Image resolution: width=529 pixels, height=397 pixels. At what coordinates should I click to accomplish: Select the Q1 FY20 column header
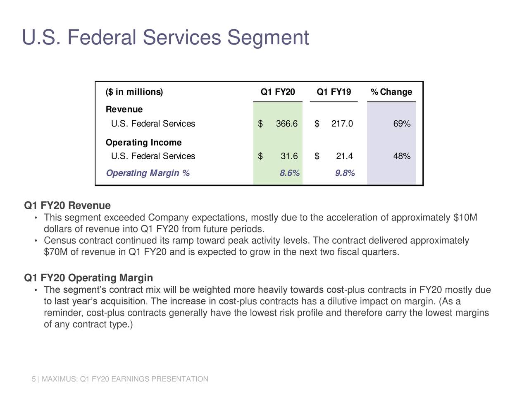278,92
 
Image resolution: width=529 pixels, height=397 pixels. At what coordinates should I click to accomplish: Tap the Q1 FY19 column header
334,92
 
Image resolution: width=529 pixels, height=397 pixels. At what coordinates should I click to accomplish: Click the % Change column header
391,92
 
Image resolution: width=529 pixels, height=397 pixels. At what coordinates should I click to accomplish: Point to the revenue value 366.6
286,124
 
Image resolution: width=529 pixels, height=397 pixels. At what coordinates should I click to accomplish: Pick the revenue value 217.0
342,124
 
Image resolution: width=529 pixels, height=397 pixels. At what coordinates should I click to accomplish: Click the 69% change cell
402,124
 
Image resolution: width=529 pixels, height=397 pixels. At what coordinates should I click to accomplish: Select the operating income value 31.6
289,156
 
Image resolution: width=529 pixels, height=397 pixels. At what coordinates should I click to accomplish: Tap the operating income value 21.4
344,156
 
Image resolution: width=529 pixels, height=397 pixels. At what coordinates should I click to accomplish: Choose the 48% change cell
402,156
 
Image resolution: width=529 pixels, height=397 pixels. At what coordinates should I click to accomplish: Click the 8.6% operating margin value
289,173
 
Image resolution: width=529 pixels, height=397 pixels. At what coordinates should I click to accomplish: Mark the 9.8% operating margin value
345,173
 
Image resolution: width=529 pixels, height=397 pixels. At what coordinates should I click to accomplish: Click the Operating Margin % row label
148,173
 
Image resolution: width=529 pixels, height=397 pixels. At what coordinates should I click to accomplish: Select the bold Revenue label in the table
124,109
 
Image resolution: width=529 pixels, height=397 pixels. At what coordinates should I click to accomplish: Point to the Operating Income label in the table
143,142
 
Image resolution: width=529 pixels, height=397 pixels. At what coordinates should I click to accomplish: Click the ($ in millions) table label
134,92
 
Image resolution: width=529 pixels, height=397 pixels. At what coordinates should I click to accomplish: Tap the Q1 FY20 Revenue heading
67,206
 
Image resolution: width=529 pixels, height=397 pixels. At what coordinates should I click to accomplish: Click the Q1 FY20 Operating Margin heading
88,278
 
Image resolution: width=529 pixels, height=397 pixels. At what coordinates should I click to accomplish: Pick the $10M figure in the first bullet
465,218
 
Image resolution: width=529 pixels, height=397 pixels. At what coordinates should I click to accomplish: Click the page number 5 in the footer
33,379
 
